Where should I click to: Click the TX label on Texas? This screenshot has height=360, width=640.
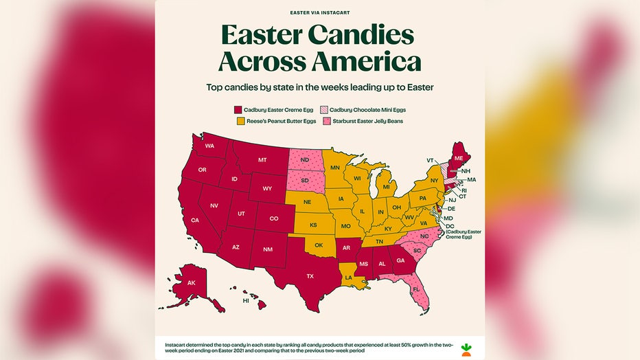coord(310,276)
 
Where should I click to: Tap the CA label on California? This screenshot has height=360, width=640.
coord(195,220)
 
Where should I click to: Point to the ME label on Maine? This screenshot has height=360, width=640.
coord(459,157)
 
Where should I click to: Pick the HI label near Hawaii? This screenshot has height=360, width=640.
coord(246,300)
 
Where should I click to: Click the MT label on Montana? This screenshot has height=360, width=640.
coord(262,160)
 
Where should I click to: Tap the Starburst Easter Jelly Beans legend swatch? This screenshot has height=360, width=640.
coord(323,121)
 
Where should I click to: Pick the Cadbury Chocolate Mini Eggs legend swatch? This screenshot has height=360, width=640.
coord(323,109)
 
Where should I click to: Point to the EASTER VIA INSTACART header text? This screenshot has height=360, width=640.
coord(319,12)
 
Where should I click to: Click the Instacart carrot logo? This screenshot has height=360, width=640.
coord(466,347)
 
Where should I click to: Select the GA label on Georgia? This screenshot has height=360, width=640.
coord(400,260)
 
